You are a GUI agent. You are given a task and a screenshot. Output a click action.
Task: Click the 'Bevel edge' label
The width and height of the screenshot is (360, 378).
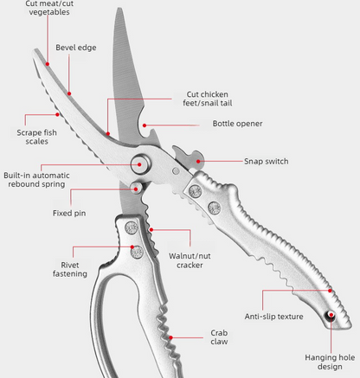pos(76,48)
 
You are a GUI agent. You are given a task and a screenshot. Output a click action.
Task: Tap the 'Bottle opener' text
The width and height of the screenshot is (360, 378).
pos(237,124)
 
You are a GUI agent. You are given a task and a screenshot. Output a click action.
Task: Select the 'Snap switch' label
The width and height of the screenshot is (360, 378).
pos(267,161)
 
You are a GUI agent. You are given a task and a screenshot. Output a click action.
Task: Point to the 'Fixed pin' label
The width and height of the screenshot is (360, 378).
pos(69,213)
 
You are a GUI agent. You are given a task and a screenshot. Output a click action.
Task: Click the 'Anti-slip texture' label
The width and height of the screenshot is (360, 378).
pos(273,317)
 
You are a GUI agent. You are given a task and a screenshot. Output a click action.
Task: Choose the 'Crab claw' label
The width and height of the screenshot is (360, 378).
pos(219,337)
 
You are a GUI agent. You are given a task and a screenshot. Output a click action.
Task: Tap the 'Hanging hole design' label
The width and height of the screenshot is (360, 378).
pos(330,362)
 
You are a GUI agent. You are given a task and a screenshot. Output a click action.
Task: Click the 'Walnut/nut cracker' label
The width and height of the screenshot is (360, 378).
pos(190,260)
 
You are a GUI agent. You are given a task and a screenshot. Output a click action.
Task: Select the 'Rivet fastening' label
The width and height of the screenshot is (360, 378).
pos(70,269)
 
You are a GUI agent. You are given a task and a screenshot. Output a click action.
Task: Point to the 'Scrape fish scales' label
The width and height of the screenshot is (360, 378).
pos(36,137)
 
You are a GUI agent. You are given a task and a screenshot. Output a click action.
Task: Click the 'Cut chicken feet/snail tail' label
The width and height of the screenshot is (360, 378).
pos(208,99)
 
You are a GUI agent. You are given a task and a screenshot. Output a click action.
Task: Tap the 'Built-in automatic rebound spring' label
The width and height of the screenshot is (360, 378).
pos(36,180)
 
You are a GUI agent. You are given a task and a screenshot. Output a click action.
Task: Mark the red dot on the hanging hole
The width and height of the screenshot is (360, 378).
pos(331,315)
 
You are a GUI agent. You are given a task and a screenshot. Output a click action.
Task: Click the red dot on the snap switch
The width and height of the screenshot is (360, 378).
pos(198,161)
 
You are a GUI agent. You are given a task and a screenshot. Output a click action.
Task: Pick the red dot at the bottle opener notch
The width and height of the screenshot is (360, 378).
pos(145,125)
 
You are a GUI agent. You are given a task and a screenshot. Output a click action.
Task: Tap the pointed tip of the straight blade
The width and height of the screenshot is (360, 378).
pos(119,8)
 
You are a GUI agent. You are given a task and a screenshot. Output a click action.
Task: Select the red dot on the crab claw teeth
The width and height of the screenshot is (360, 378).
pos(170,337)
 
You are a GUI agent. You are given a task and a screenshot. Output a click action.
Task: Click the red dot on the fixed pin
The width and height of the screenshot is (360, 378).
pos(136,189)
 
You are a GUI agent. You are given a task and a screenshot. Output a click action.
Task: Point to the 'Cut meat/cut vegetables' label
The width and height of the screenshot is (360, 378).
pos(49,8)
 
